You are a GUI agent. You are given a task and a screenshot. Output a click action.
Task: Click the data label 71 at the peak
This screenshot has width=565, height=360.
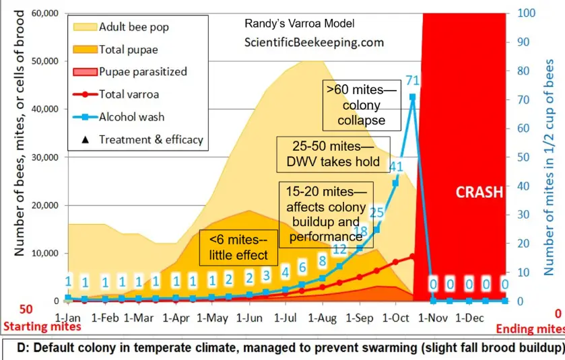click(x=413, y=81)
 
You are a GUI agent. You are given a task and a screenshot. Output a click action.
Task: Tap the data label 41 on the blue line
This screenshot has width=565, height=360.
click(x=396, y=168)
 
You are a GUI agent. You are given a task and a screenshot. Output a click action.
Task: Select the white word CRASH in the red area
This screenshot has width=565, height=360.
click(x=479, y=192)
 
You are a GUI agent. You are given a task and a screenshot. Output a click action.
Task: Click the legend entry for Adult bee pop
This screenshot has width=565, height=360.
click(x=133, y=28)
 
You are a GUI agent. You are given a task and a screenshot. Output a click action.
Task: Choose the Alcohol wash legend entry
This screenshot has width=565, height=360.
click(x=129, y=116)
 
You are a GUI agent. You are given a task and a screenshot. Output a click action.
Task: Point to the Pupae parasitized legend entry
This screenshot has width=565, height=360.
click(x=142, y=71)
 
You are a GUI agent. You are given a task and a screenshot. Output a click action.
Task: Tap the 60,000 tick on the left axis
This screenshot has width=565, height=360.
click(x=42, y=13)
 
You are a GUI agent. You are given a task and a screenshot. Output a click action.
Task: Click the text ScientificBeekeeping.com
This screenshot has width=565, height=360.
click(x=314, y=42)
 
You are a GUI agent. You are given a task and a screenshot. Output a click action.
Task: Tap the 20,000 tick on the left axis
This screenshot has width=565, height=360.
click(x=42, y=205)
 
